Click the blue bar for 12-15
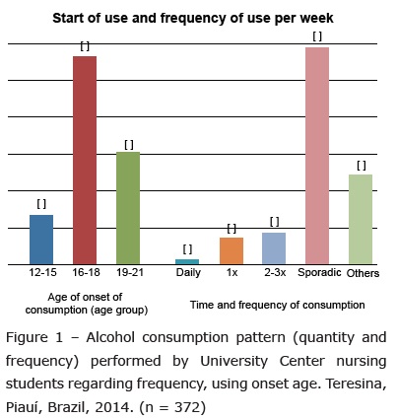point(41,240)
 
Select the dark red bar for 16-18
point(85,161)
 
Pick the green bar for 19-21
point(128,208)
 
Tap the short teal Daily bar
point(187,262)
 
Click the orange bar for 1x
point(232,251)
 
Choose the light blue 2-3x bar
point(274,248)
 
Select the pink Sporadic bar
point(317,156)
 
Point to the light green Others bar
point(361,220)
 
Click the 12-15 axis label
point(42,272)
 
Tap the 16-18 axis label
point(86,272)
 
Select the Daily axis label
point(188,273)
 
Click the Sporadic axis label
point(319,273)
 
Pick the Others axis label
point(363,273)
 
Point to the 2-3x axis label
point(275,272)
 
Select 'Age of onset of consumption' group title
point(86,304)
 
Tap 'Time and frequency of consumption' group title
point(278,305)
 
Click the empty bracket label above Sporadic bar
point(317,36)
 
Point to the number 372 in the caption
point(187,407)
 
